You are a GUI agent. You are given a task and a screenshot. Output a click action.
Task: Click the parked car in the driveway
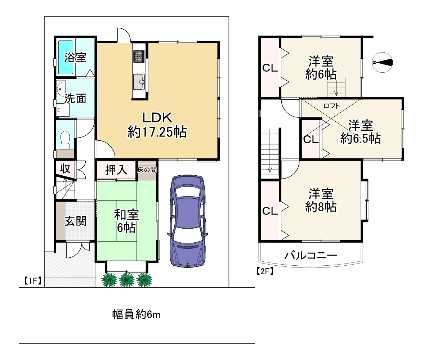tap(187, 221)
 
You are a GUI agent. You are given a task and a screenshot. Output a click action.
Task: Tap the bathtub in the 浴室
tap(66, 57)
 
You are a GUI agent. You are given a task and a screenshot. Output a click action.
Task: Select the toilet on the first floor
tap(65, 139)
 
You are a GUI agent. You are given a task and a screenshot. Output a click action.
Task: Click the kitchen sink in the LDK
tap(139, 81)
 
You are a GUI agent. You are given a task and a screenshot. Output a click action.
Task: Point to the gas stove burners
tap(139, 56)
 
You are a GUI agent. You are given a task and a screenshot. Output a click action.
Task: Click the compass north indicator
tap(382, 62)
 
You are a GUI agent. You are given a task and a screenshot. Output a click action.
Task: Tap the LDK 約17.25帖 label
tap(157, 125)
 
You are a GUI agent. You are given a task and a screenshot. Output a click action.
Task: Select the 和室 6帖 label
tap(126, 221)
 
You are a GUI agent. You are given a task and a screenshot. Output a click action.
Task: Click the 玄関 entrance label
tap(75, 221)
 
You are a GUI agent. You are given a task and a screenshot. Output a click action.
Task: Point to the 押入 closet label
tap(116, 170)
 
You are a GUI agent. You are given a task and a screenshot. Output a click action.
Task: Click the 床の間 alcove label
tap(147, 170)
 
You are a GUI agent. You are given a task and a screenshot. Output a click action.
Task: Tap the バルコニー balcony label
tap(311, 255)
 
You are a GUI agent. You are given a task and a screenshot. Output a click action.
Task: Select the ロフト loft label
tap(331, 106)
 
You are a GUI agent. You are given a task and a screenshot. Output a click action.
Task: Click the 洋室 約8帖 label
tap(321, 200)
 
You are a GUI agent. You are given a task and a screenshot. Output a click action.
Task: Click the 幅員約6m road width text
tap(136, 315)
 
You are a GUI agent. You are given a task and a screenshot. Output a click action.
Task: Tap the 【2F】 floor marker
tap(265, 271)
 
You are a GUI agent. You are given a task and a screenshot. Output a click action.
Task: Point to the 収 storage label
tap(65, 168)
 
